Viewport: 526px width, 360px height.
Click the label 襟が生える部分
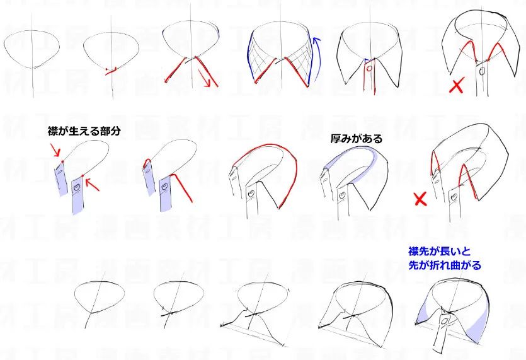(x=83, y=131)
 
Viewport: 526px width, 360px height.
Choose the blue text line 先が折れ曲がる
(x=445, y=265)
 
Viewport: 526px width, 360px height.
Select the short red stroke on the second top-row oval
(x=111, y=71)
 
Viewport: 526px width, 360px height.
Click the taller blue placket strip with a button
(x=79, y=194)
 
